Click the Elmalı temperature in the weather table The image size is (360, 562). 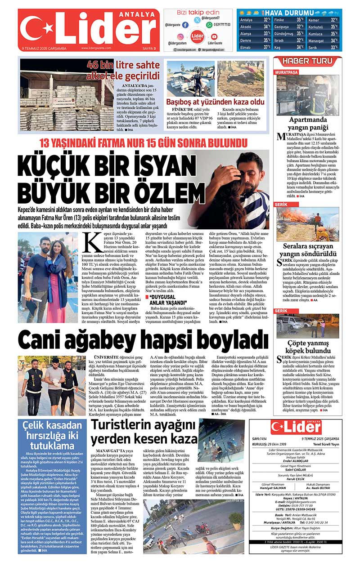coord(267,47)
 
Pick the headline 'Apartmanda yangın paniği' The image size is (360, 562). coord(308,123)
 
